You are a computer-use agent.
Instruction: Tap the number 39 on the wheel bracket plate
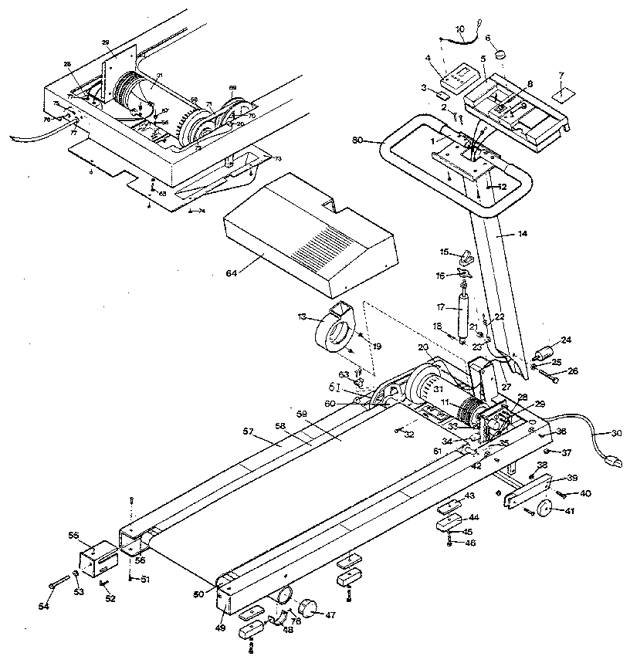572,479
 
